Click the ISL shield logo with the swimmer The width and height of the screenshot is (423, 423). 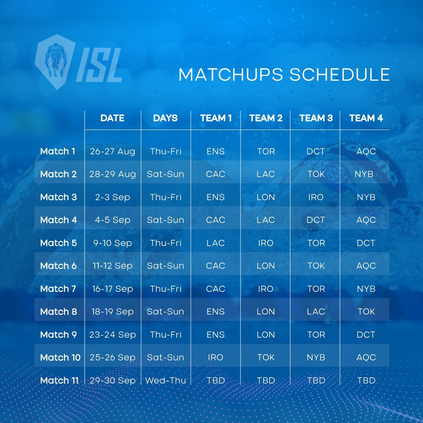point(55,62)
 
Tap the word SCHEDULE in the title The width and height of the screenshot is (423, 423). point(340,74)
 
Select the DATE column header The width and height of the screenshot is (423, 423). point(112,118)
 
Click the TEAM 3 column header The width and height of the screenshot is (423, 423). point(316,118)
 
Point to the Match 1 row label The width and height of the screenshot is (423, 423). point(58,151)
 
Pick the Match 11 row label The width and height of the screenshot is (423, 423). point(60,380)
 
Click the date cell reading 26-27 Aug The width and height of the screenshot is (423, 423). point(112,151)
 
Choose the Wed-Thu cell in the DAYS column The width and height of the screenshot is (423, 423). point(166,380)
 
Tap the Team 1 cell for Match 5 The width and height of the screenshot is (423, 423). point(215,243)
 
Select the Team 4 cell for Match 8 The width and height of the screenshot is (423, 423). point(366,312)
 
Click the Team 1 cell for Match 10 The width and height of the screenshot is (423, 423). point(215,358)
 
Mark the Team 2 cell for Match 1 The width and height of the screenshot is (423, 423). point(266,151)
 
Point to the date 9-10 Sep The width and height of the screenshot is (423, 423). point(112,243)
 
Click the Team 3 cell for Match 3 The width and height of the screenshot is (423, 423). point(316,197)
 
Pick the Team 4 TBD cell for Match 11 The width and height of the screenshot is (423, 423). point(366,380)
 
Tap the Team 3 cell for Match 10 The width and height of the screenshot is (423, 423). point(316,358)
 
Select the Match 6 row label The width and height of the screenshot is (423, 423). point(58,266)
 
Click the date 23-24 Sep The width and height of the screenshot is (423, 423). point(112,334)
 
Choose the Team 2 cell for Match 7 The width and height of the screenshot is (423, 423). point(266,289)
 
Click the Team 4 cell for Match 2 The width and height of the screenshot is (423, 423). point(364,174)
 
